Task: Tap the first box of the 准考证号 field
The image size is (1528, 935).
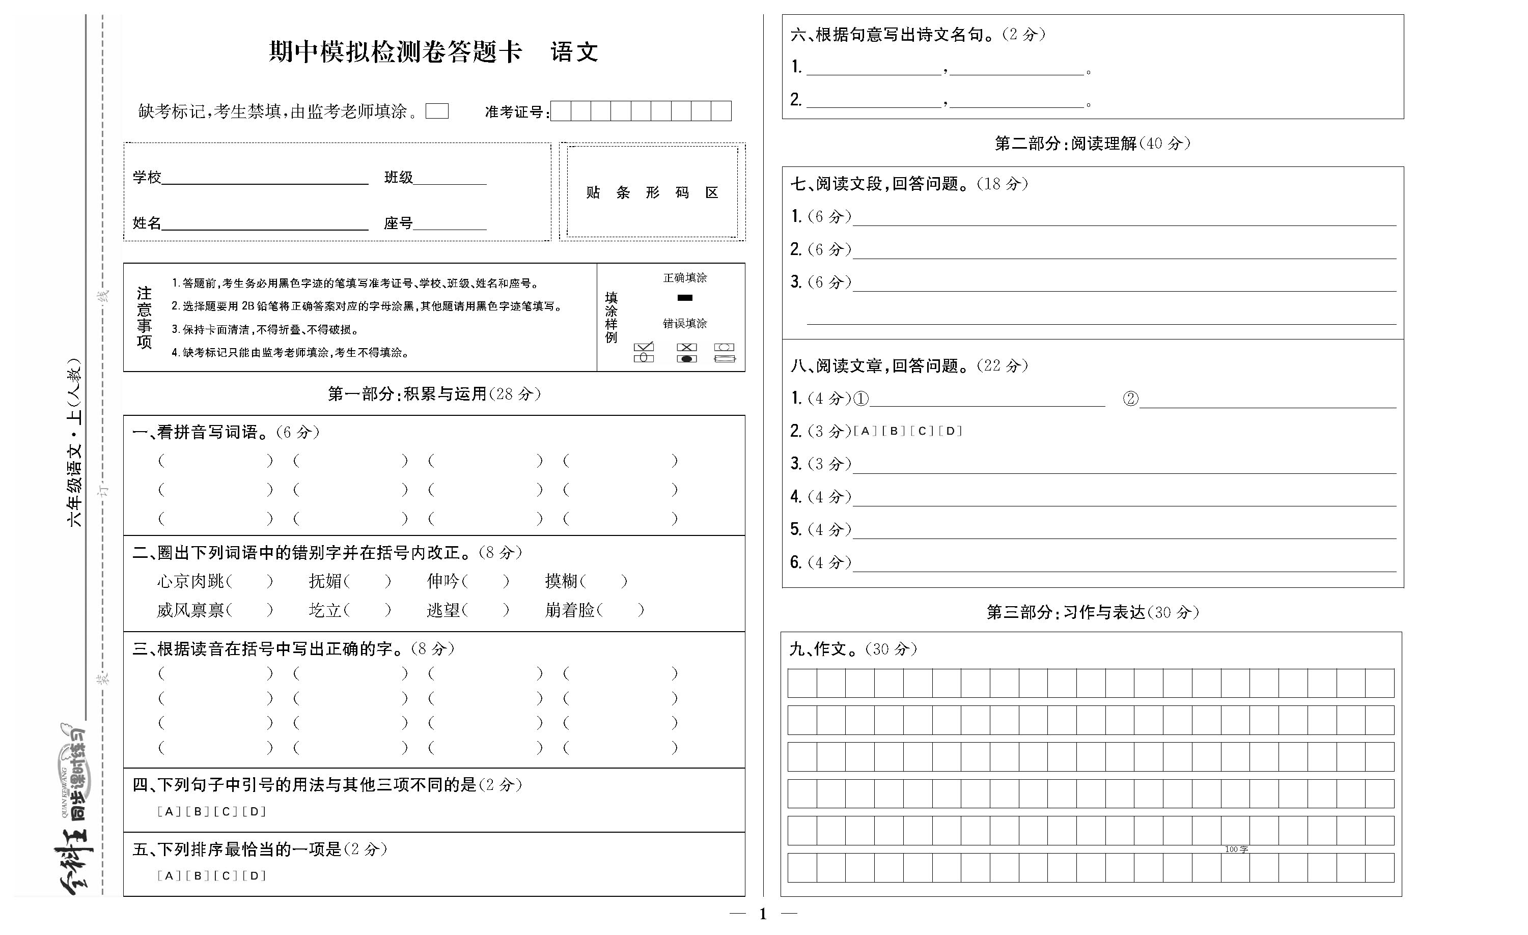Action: click(x=561, y=111)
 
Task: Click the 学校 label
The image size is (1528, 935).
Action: click(x=146, y=177)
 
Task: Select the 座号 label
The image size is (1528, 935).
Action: click(x=398, y=223)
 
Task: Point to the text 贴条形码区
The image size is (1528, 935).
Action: click(x=652, y=193)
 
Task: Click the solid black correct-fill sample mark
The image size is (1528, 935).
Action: click(x=685, y=298)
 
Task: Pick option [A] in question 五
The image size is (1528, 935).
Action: click(x=169, y=876)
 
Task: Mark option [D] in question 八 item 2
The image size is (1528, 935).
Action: click(x=950, y=431)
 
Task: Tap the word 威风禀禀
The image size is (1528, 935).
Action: click(x=190, y=610)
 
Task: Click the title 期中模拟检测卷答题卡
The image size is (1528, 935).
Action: click(x=395, y=52)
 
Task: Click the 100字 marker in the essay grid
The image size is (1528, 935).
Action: click(x=1236, y=849)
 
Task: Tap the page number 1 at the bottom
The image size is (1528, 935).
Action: click(x=763, y=914)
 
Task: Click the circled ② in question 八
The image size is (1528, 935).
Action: click(x=1130, y=399)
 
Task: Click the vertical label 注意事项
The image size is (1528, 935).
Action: click(x=144, y=318)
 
